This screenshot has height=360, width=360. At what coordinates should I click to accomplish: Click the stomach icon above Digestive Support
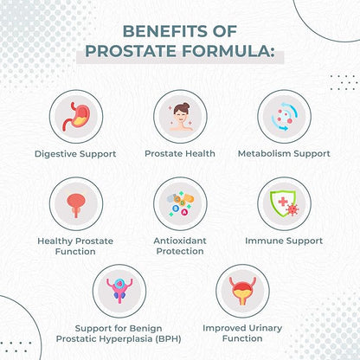(74, 118)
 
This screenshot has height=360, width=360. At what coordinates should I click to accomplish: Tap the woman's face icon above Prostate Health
(180, 118)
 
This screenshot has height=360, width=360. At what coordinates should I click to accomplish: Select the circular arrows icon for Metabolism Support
(285, 118)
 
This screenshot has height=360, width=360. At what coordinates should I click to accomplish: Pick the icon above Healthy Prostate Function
(74, 204)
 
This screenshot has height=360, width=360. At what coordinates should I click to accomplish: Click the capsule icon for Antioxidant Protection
(180, 204)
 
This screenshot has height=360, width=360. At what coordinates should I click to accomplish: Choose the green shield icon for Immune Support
(285, 204)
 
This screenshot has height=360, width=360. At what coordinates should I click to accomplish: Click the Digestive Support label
(75, 154)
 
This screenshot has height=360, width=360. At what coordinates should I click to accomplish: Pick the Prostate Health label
(180, 154)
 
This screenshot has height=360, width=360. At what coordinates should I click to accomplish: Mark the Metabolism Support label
(284, 154)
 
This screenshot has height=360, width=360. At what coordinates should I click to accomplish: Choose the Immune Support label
(284, 241)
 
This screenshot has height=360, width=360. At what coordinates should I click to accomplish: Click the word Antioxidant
(180, 240)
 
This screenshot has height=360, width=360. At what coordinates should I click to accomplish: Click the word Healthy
(57, 241)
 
